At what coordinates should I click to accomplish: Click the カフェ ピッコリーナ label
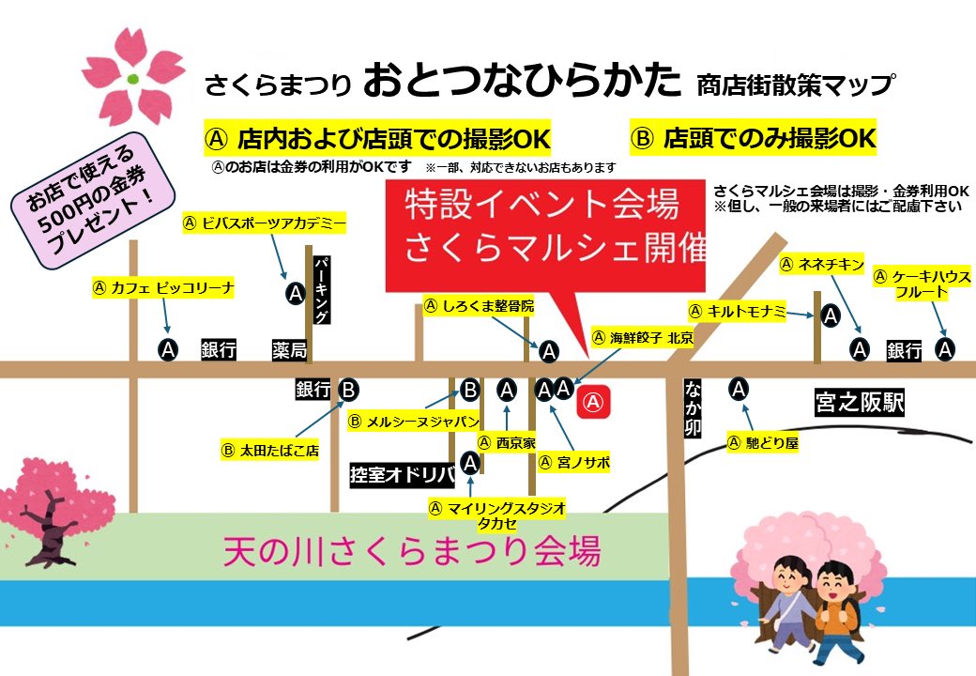pyautogui.click(x=163, y=288)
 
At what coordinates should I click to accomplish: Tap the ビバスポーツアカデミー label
pyautogui.click(x=264, y=223)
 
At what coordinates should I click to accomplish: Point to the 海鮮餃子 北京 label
pyautogui.click(x=642, y=337)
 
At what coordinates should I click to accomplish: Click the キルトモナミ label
pyautogui.click(x=737, y=312)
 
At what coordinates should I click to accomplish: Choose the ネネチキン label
pyautogui.click(x=822, y=266)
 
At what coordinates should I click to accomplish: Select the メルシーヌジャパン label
pyautogui.click(x=414, y=422)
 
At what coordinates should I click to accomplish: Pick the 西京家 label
pyautogui.click(x=507, y=442)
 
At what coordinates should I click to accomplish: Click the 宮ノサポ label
pyautogui.click(x=574, y=463)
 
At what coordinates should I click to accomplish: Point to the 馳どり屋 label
pyautogui.click(x=763, y=442)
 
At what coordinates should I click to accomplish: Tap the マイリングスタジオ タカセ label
pyautogui.click(x=496, y=515)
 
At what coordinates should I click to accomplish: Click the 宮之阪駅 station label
pyautogui.click(x=859, y=405)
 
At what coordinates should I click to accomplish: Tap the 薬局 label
pyautogui.click(x=289, y=350)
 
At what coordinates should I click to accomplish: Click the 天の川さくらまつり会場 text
pyautogui.click(x=411, y=550)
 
